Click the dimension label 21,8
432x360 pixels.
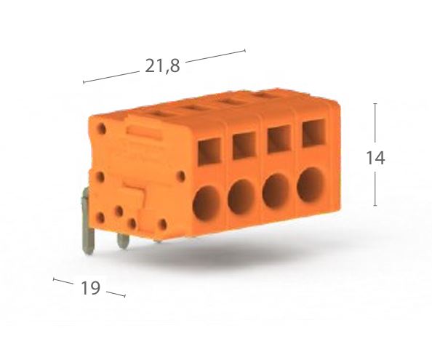click(x=162, y=66)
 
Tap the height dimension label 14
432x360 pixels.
click(x=375, y=158)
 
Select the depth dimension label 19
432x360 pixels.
click(x=90, y=288)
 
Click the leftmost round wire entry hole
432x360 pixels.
click(x=207, y=204)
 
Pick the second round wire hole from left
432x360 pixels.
click(x=241, y=197)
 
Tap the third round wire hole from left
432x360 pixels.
click(x=276, y=191)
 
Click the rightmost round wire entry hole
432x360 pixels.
click(x=311, y=185)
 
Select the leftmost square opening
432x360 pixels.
click(x=209, y=152)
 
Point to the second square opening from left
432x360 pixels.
click(x=244, y=145)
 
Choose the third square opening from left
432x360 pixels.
click(x=279, y=139)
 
